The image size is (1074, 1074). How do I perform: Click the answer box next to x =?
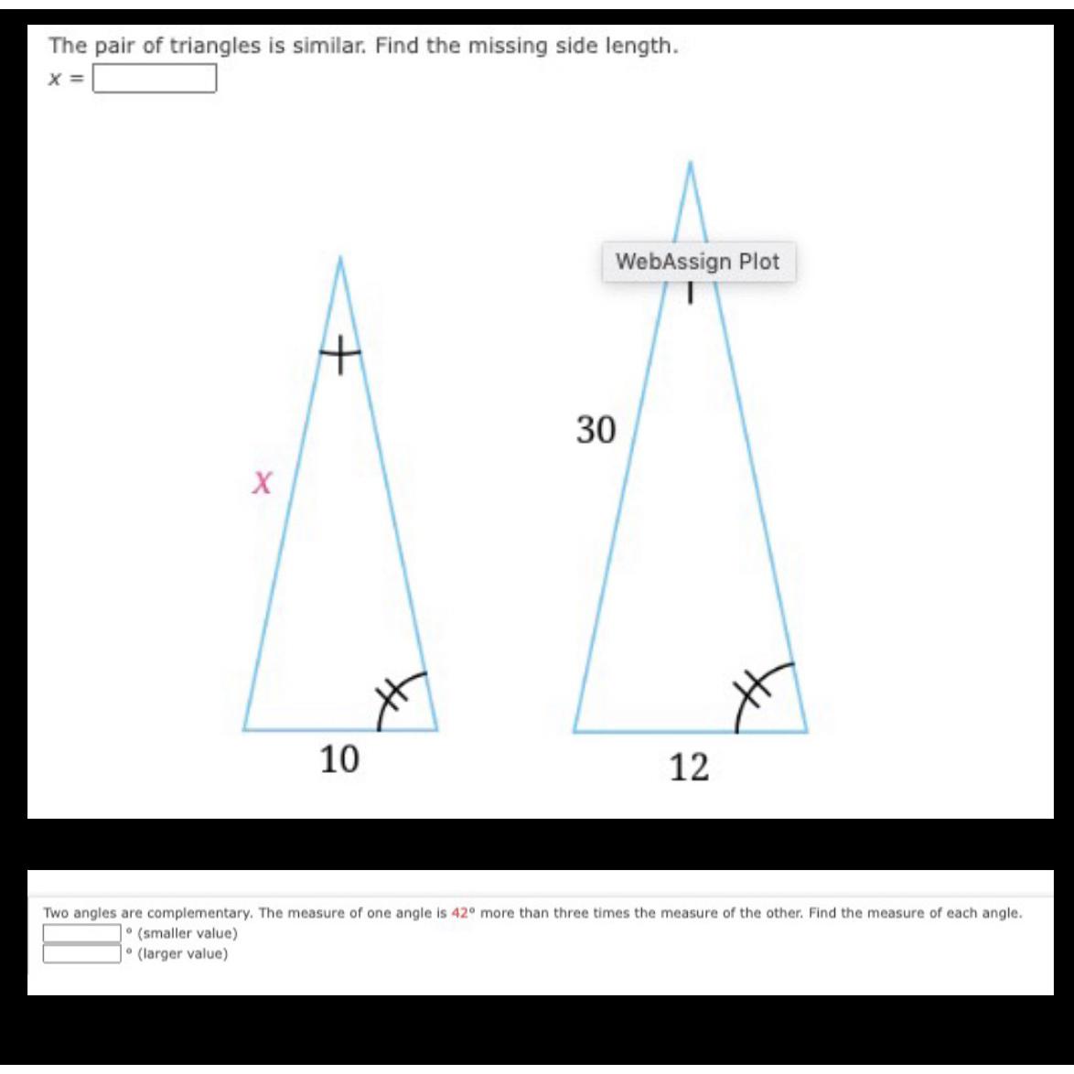click(x=155, y=80)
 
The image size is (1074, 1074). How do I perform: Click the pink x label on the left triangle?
click(x=263, y=481)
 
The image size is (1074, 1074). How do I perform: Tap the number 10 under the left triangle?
click(x=339, y=758)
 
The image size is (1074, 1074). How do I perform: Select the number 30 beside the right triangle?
click(x=596, y=429)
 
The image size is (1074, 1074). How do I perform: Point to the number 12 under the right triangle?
click(x=689, y=768)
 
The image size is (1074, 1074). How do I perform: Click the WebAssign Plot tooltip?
click(x=698, y=262)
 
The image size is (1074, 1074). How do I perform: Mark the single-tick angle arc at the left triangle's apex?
click(x=339, y=352)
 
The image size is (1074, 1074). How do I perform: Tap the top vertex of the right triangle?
click(x=691, y=163)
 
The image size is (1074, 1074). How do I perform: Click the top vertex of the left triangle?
click(x=340, y=258)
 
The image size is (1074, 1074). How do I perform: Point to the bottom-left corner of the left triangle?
click(x=244, y=730)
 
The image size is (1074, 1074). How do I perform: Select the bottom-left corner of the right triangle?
click(x=575, y=732)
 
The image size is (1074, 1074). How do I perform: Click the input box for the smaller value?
click(x=82, y=934)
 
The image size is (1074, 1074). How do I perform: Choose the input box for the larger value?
click(x=82, y=954)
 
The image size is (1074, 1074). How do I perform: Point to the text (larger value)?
click(x=182, y=954)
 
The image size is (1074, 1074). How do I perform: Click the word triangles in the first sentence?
click(x=213, y=47)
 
